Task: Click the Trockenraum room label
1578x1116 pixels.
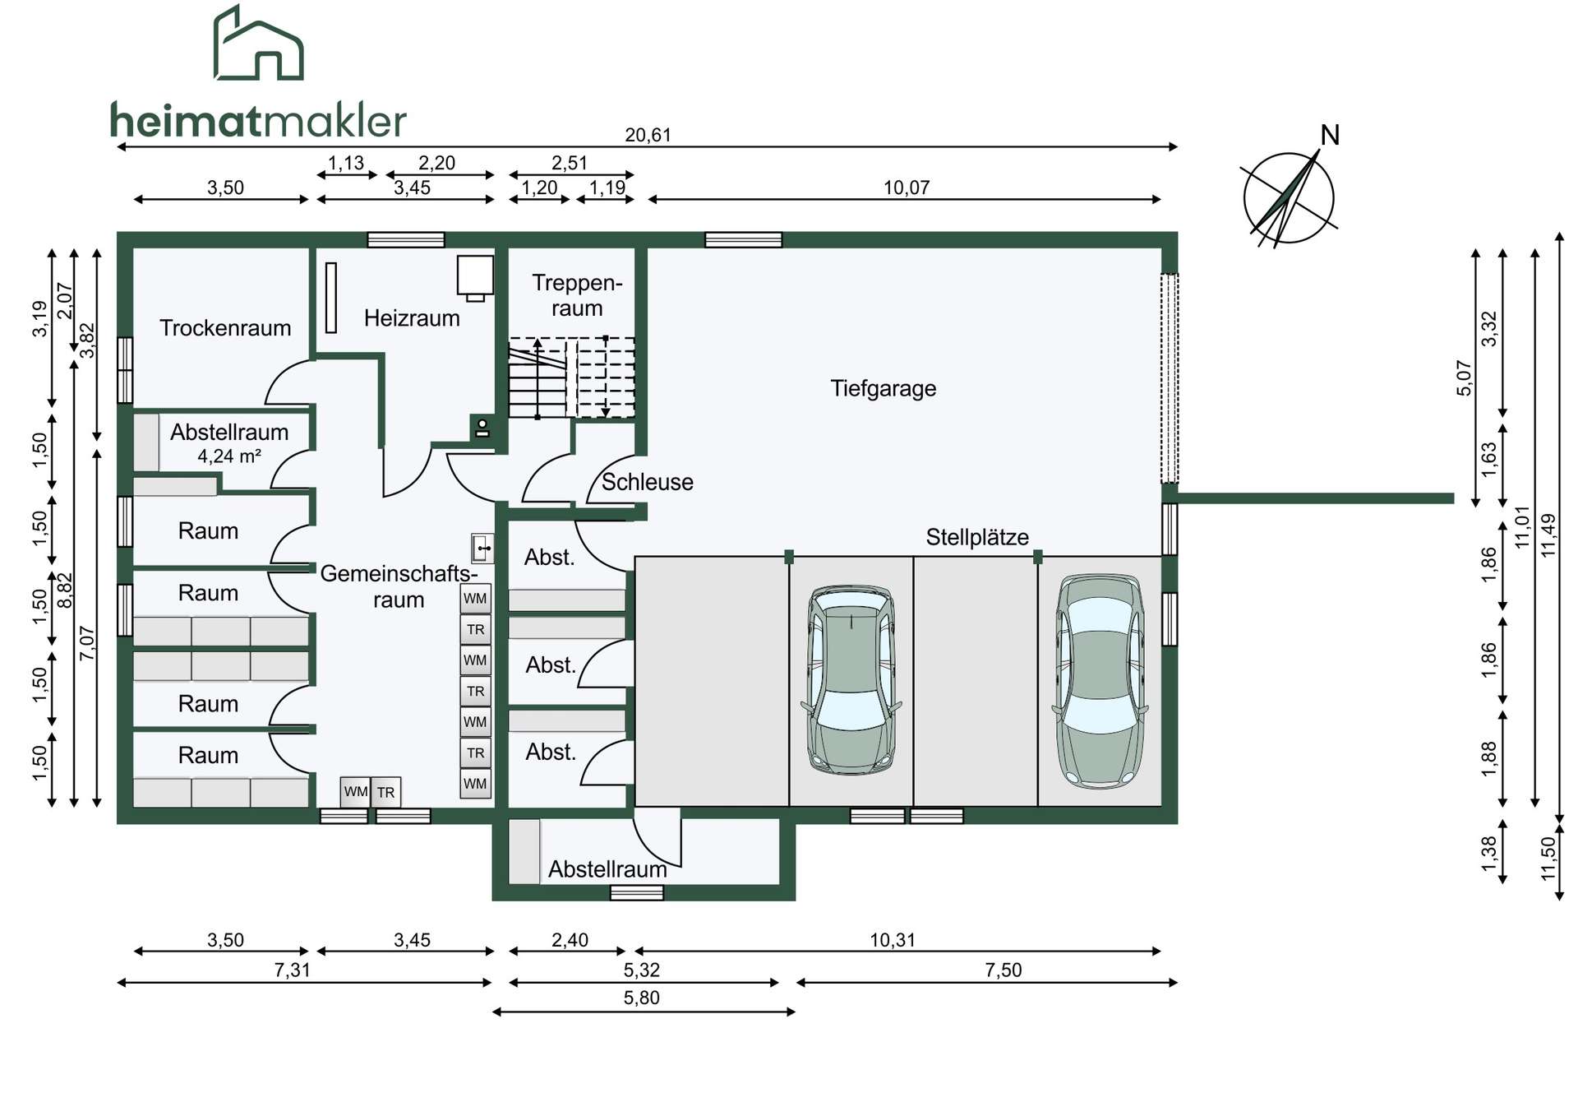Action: point(225,328)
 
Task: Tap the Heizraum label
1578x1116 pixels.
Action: point(412,318)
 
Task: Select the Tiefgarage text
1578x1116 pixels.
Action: point(884,388)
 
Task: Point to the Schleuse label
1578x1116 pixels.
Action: point(647,482)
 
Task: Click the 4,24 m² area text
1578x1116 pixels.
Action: point(229,456)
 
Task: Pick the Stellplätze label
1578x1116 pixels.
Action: point(977,537)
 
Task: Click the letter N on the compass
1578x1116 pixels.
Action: point(1330,135)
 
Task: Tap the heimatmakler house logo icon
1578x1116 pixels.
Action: point(259,43)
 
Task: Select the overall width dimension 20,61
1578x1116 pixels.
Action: point(648,135)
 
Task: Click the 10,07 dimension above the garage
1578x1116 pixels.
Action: point(907,188)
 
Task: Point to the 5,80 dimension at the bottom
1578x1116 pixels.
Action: point(642,998)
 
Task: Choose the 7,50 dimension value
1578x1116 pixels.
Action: point(1004,970)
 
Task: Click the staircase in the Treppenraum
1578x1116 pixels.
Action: point(571,377)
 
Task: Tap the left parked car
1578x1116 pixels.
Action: point(851,679)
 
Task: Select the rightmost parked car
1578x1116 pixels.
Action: point(1100,681)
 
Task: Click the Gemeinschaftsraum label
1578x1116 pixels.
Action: point(399,586)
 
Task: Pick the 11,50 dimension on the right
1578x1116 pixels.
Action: point(1549,859)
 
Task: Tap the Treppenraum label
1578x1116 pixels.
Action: point(577,295)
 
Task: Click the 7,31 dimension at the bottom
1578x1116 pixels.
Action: point(293,970)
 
